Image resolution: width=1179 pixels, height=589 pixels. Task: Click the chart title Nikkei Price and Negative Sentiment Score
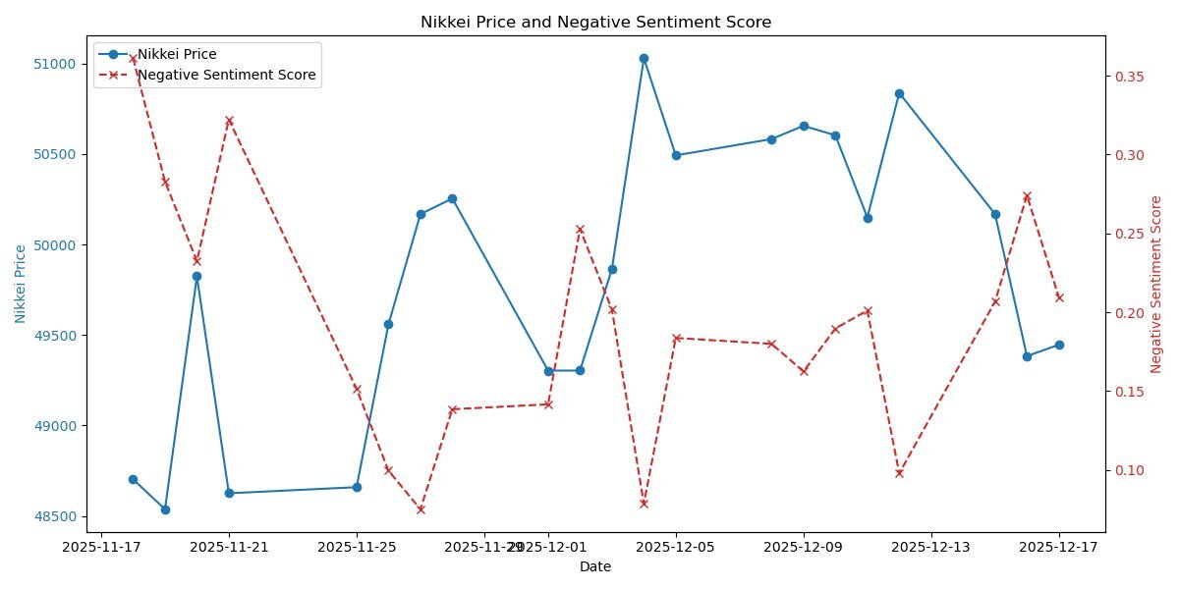595,22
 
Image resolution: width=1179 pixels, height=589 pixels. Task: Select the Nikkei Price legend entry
177,54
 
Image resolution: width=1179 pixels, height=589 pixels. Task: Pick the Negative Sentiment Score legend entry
227,75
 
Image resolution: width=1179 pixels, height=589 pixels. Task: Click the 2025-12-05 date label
676,546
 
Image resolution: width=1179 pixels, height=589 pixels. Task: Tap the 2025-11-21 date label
229,546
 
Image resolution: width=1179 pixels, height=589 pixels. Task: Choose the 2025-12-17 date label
1059,546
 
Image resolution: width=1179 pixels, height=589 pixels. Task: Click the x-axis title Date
595,566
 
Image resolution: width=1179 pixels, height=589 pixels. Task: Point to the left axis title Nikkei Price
21,284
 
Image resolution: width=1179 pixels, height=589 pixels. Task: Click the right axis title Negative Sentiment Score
1155,284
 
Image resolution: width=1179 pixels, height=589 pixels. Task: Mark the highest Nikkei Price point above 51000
644,58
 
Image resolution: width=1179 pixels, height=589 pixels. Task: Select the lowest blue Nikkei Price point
165,509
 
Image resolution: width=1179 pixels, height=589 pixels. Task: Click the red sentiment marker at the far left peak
133,59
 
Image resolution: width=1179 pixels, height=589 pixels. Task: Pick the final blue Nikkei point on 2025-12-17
1059,345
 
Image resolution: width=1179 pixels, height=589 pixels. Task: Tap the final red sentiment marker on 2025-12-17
1059,297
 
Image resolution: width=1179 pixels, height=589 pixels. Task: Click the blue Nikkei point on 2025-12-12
899,93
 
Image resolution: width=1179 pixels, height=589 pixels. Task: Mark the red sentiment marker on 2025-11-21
229,121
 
